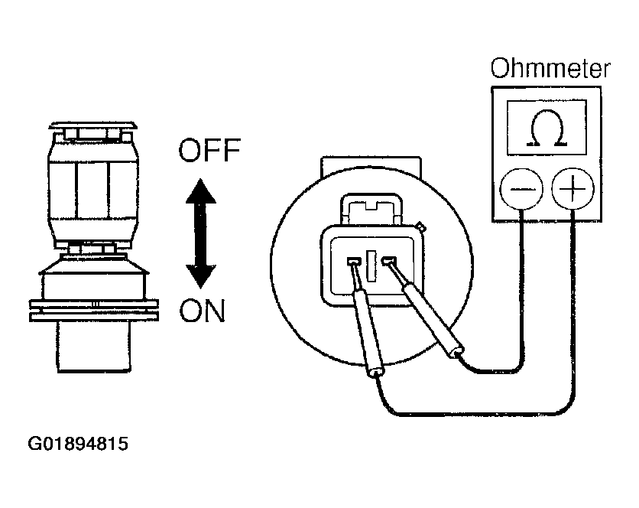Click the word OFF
[x=209, y=150]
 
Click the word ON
[x=202, y=311]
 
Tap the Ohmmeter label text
[x=550, y=68]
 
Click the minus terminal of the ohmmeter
[x=521, y=188]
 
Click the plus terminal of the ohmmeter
[x=573, y=188]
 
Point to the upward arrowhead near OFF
[x=200, y=191]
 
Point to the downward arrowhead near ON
[x=200, y=276]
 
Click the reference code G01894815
[x=78, y=444]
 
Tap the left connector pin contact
[x=353, y=261]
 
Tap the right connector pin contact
[x=389, y=260]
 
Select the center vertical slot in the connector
[x=371, y=265]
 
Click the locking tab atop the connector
[x=371, y=209]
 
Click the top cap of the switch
[x=93, y=125]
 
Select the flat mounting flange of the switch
[x=94, y=311]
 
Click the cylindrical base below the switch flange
[x=94, y=347]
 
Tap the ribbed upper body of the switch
[x=94, y=190]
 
